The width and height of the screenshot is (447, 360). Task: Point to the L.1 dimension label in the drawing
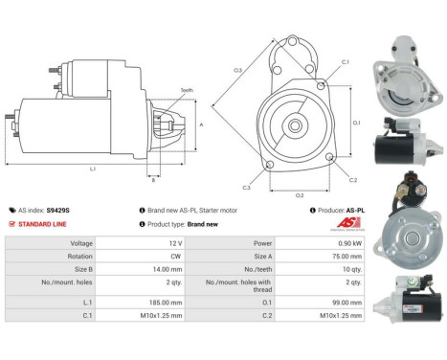point(93,169)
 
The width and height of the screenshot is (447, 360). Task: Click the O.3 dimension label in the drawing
point(237,70)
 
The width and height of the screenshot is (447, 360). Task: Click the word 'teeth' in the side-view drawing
point(186,90)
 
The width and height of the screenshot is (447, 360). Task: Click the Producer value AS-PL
point(356,209)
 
